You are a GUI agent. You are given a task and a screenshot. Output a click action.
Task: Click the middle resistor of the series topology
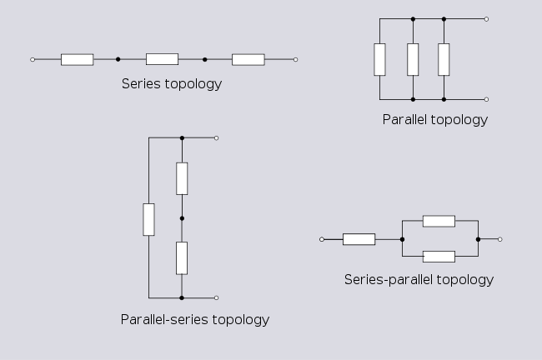pos(162,59)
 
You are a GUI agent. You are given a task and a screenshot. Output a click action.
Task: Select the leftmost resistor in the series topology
pos(77,59)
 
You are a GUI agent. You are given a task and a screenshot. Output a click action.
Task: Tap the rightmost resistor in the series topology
pos(248,59)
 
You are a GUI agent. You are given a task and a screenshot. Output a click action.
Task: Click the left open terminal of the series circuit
pos(32,59)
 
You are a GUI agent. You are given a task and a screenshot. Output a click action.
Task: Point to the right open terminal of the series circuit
pos(295,59)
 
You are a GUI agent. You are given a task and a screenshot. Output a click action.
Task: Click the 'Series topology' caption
pos(172,83)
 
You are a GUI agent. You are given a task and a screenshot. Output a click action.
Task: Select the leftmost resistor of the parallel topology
pos(380,58)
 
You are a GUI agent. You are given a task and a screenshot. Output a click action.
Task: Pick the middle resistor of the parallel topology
pos(413,58)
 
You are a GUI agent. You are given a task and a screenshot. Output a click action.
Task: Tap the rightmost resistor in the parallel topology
pos(444,58)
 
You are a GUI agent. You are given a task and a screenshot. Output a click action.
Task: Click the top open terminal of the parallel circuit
pos(487,18)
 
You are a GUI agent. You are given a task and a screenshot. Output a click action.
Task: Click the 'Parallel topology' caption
pos(434,119)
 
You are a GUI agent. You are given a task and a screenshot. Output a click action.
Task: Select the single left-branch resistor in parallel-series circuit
pos(148,218)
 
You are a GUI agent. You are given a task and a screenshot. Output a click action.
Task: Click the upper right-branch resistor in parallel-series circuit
pos(182,178)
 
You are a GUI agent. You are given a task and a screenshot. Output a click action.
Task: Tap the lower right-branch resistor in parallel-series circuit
pos(182,257)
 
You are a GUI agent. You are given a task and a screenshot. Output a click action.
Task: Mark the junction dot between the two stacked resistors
pos(182,218)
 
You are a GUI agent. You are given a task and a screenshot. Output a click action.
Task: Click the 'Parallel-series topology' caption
pos(195,319)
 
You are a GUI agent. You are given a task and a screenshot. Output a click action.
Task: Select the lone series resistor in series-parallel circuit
pos(359,239)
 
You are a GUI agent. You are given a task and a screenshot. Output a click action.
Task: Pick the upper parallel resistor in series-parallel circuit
pos(439,221)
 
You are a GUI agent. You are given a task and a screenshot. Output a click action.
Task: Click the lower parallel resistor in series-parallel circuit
pos(439,257)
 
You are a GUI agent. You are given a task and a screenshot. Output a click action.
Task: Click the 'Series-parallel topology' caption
pos(419,279)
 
